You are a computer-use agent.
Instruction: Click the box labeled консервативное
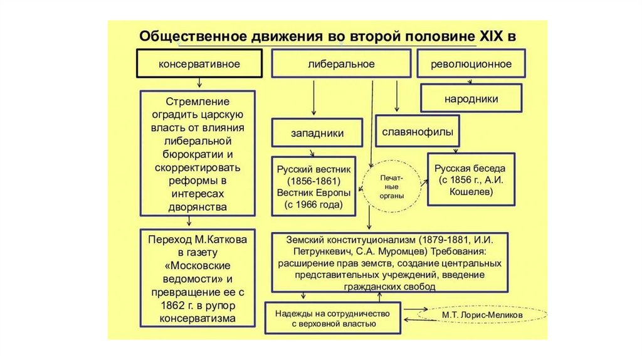point(199,64)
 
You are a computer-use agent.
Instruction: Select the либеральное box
point(341,64)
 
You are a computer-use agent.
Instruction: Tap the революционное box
point(471,64)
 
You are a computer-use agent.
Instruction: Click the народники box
point(471,99)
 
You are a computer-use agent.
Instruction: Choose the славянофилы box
point(417,132)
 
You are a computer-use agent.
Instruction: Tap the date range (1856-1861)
point(314,181)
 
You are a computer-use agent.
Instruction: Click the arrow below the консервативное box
point(199,83)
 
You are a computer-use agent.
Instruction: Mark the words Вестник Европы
point(313,193)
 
